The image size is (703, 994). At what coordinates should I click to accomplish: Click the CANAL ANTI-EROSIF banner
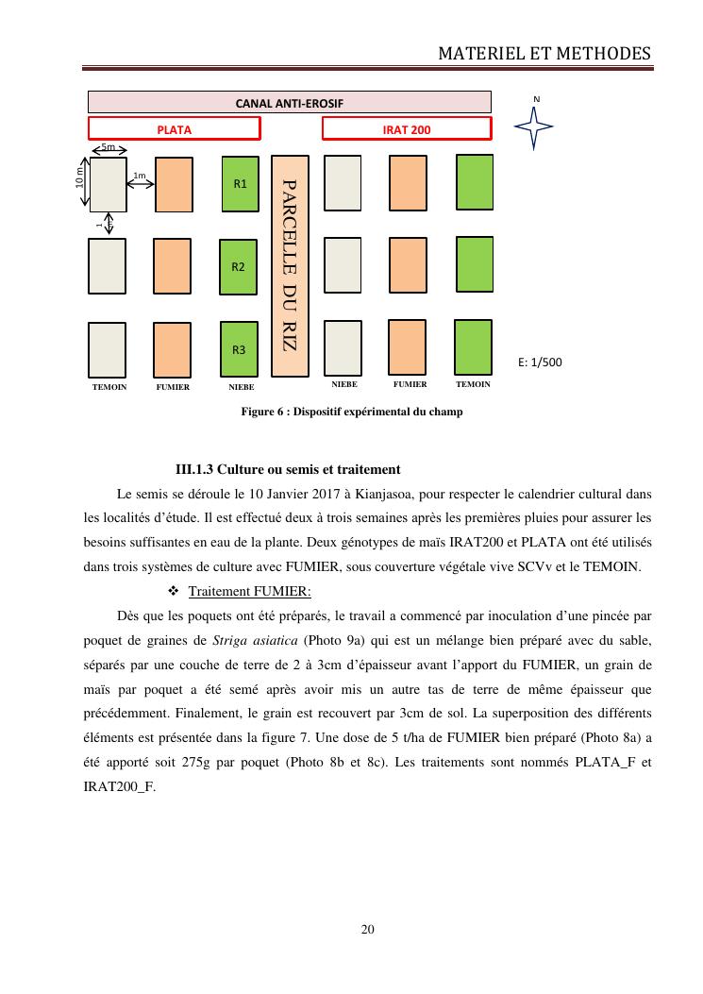point(289,102)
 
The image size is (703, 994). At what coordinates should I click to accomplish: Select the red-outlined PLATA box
point(174,129)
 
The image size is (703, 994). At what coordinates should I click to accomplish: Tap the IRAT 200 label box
point(407,129)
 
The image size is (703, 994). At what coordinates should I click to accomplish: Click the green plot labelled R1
point(239,184)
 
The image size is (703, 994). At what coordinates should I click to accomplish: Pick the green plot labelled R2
point(239,267)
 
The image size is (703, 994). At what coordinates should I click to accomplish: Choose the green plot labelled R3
point(239,349)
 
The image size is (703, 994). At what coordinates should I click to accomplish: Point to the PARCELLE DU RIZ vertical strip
point(290,263)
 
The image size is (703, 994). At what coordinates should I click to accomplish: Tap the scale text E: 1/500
point(541,362)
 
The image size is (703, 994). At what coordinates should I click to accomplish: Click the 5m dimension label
point(109,148)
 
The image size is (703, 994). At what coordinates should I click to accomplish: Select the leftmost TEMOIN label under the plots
point(109,387)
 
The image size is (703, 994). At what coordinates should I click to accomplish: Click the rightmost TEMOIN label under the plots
point(473,385)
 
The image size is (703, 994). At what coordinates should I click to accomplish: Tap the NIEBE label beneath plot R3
point(242,387)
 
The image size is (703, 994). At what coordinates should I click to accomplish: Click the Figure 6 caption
point(351,412)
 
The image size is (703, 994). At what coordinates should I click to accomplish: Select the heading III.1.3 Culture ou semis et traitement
point(288,469)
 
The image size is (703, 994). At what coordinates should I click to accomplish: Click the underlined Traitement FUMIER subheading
point(249,591)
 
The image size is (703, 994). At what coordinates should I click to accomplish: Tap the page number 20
point(368,930)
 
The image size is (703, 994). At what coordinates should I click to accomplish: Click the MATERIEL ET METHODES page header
point(544,54)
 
